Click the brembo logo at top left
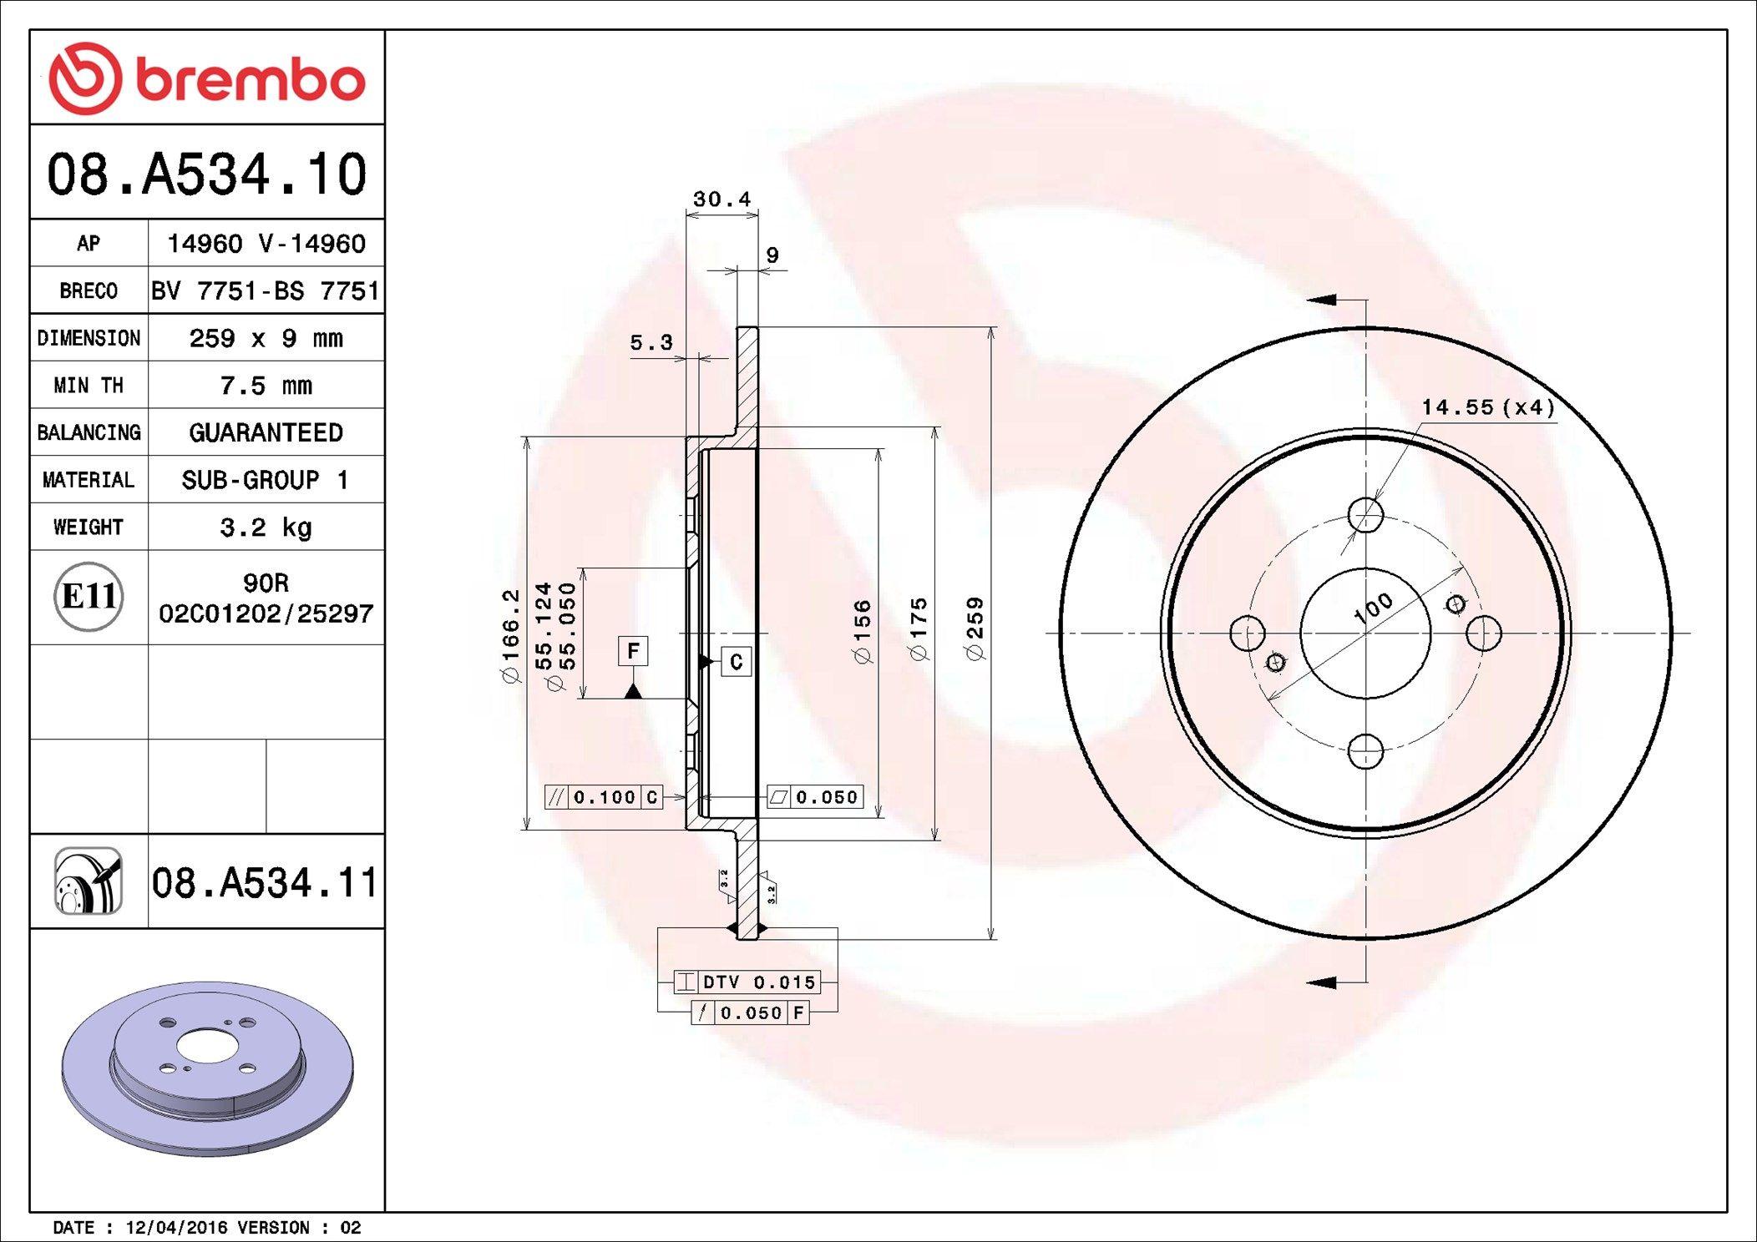point(207,78)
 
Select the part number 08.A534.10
point(207,174)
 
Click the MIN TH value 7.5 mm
point(266,386)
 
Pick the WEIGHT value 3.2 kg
point(266,528)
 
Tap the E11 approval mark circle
point(89,596)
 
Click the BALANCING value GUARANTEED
point(266,432)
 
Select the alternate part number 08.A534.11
point(265,882)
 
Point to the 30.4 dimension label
point(722,199)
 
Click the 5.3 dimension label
point(651,342)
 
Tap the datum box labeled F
point(633,650)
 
